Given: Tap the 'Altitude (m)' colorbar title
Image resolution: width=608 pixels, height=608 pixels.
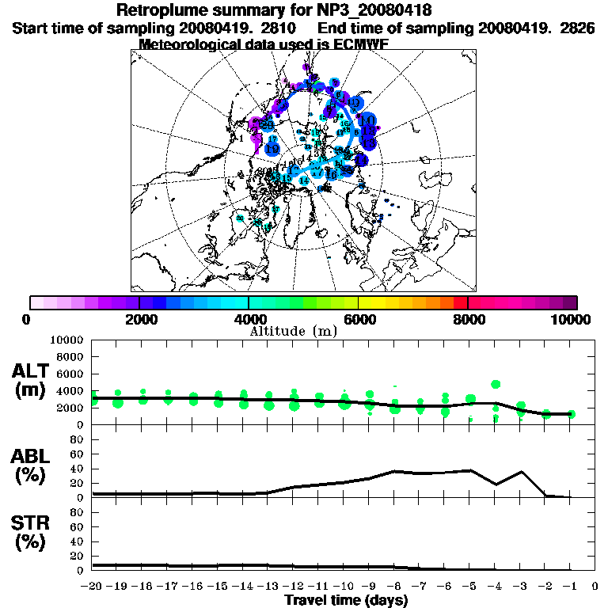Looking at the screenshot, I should [294, 331].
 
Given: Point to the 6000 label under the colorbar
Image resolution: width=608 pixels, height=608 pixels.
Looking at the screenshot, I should [359, 319].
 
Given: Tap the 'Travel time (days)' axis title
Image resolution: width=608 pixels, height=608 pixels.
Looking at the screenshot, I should [346, 601].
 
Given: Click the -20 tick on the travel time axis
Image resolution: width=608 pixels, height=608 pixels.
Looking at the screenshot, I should [93, 587].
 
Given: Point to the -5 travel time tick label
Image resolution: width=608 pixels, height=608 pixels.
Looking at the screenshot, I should [470, 587].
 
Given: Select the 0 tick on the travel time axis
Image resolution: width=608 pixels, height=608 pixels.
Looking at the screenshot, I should [595, 587].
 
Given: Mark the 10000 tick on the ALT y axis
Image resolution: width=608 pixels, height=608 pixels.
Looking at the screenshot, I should [66, 340].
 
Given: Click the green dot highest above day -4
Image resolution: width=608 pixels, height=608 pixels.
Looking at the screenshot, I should [496, 384].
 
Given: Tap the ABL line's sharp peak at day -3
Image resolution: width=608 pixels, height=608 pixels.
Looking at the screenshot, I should [521, 472].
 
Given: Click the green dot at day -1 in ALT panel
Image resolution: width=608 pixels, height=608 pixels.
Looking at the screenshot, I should [571, 414].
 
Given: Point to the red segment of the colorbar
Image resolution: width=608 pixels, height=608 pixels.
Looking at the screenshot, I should [461, 302].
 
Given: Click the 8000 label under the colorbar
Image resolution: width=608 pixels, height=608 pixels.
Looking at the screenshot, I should [468, 319].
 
